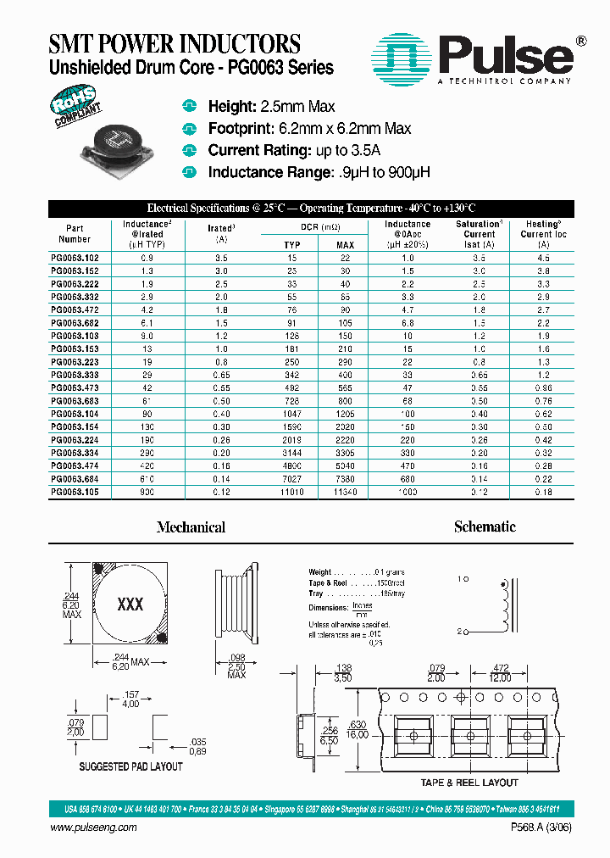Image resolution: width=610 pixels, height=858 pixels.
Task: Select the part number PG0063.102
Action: tap(75, 257)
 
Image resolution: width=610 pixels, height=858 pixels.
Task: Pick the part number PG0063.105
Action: tap(75, 492)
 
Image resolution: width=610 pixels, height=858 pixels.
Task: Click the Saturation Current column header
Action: tap(480, 234)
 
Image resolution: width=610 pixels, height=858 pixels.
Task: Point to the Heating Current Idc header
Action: tap(543, 234)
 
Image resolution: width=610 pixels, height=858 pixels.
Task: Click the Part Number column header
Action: tap(75, 233)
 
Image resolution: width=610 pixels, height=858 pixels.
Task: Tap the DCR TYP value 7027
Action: tap(291, 479)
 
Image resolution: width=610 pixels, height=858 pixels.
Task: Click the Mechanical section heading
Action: tap(191, 527)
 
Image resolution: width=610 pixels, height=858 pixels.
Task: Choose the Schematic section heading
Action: tap(485, 526)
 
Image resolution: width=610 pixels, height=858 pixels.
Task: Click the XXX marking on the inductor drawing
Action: tap(130, 604)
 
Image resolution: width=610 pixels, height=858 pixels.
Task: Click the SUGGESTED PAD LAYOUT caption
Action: tap(130, 766)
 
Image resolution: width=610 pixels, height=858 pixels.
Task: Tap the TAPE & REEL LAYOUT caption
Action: tap(469, 783)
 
